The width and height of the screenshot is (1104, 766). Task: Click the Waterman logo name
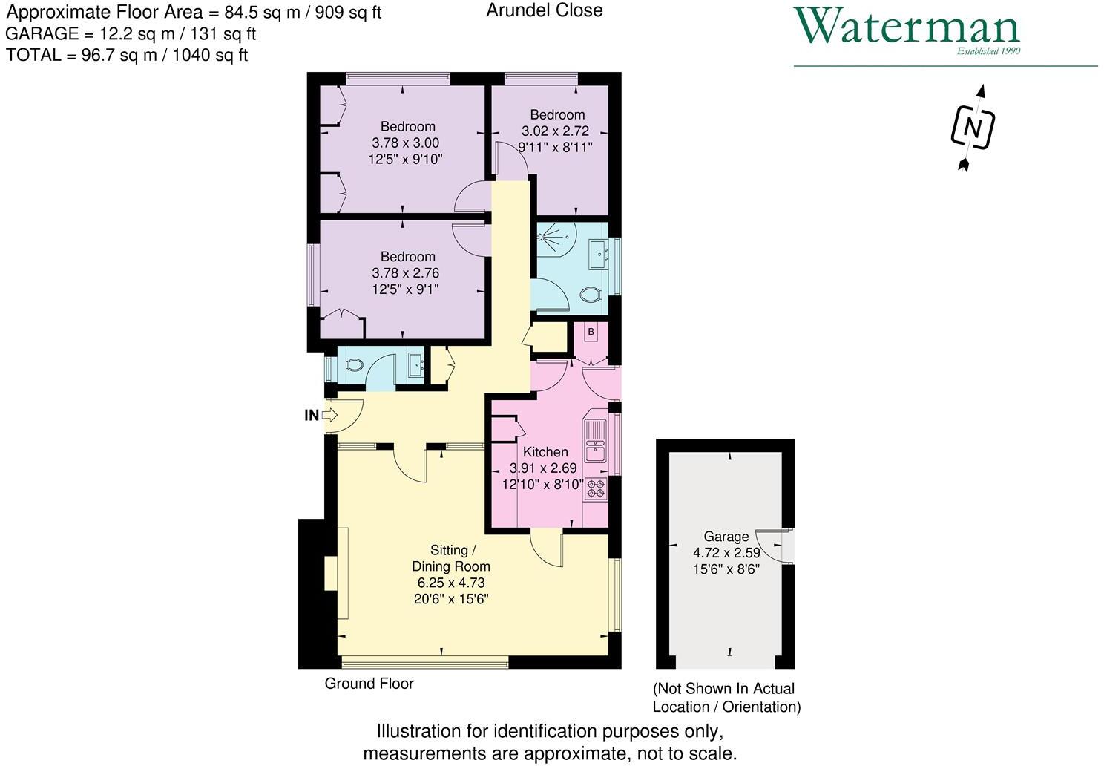click(907, 27)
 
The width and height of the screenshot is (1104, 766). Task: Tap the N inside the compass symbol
click(972, 128)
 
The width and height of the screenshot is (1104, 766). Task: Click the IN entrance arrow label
click(312, 416)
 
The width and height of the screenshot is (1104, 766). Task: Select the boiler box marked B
click(591, 332)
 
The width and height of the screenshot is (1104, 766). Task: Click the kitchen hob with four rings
click(596, 488)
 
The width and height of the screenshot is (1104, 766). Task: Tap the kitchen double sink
click(595, 442)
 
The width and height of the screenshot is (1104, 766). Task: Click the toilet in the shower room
click(590, 295)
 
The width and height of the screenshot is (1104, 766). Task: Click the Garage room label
click(726, 536)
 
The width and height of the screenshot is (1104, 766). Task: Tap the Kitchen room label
click(545, 452)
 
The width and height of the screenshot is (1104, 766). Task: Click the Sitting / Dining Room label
click(450, 558)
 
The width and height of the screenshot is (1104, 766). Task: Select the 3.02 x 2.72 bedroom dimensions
click(557, 131)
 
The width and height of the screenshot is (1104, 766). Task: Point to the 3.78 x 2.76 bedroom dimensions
click(405, 273)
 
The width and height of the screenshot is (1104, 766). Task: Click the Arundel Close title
click(544, 10)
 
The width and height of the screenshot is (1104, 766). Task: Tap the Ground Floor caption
click(369, 684)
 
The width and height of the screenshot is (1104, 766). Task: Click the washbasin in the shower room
click(599, 255)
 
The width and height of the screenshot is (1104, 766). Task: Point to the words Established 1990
click(988, 51)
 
